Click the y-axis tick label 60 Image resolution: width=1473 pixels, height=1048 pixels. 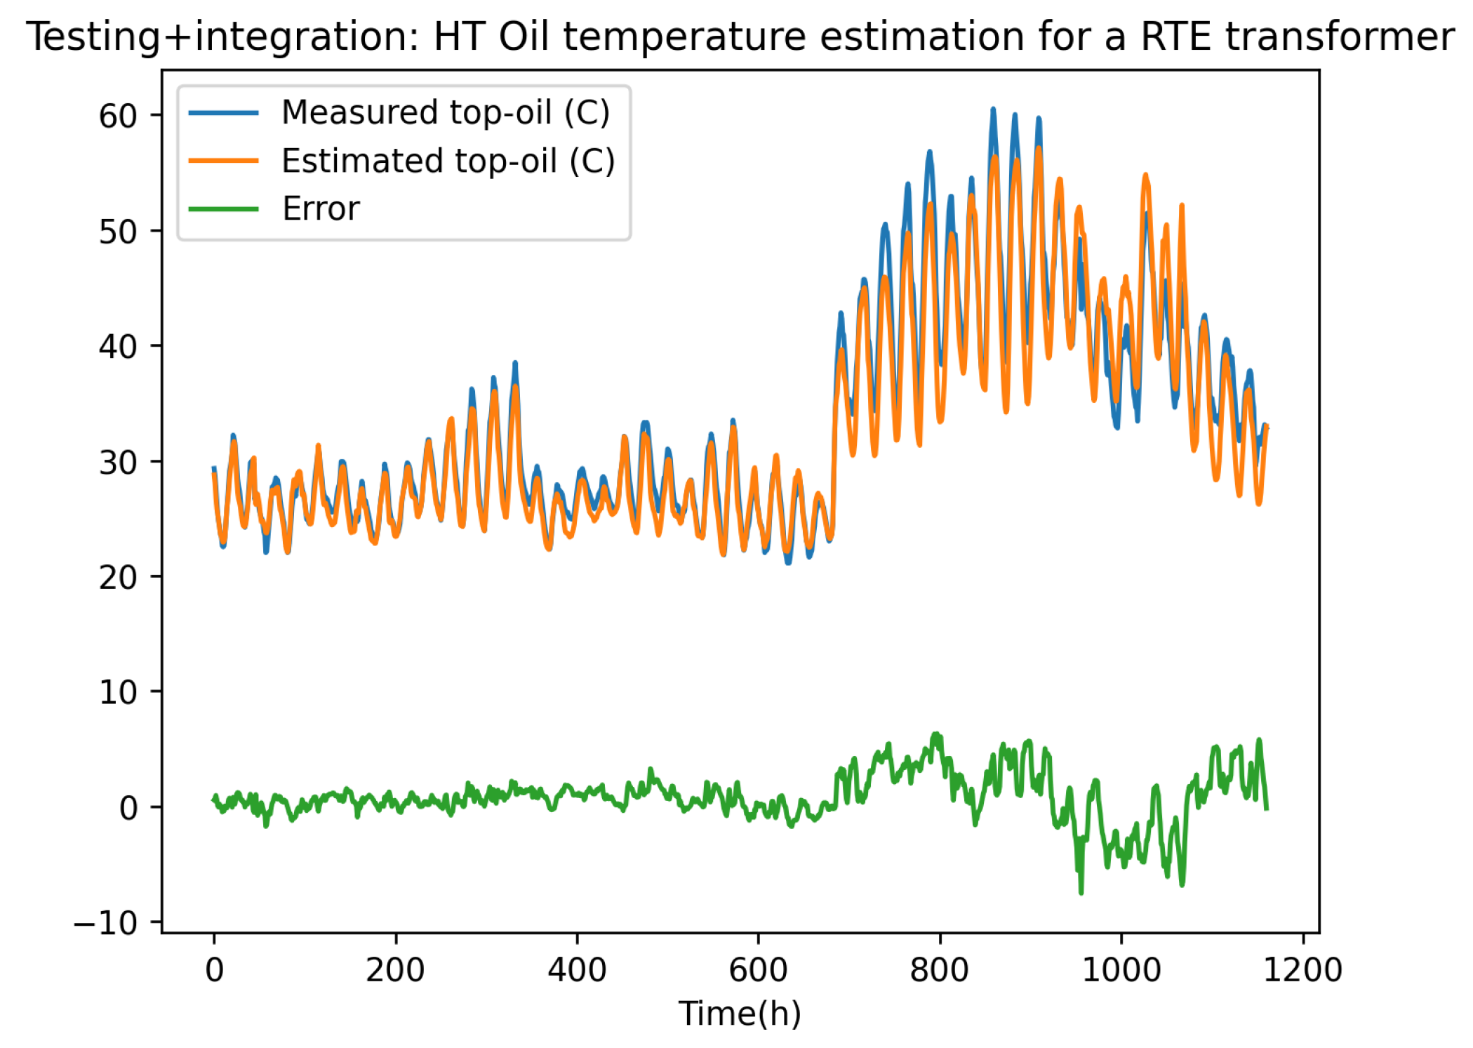pyautogui.click(x=117, y=117)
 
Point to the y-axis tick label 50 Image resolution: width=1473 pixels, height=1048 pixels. pyautogui.click(x=117, y=232)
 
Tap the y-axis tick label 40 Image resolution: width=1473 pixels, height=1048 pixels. pyautogui.click(x=117, y=347)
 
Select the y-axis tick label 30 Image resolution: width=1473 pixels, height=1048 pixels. pyautogui.click(x=117, y=463)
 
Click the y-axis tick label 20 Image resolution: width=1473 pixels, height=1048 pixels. pyautogui.click(x=117, y=578)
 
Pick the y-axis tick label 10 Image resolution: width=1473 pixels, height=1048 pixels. pyautogui.click(x=117, y=693)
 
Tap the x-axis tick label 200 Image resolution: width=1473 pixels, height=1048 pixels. pyautogui.click(x=395, y=970)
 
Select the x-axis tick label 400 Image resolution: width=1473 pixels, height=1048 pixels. pyautogui.click(x=577, y=970)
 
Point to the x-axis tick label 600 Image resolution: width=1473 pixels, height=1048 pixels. pyautogui.click(x=758, y=970)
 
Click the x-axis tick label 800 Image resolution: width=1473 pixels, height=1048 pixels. pyautogui.click(x=939, y=970)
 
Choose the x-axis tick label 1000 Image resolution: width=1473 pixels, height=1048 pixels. pyautogui.click(x=1121, y=970)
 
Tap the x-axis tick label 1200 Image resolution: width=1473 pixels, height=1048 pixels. pyautogui.click(x=1302, y=970)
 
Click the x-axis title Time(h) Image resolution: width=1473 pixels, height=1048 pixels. pyautogui.click(x=740, y=1014)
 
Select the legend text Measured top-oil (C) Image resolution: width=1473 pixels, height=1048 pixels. pyautogui.click(x=446, y=112)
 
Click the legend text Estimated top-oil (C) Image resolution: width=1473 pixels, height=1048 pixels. pyautogui.click(x=448, y=161)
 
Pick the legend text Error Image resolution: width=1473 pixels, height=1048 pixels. pyautogui.click(x=321, y=209)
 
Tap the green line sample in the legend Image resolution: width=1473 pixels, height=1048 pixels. pyautogui.click(x=224, y=209)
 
